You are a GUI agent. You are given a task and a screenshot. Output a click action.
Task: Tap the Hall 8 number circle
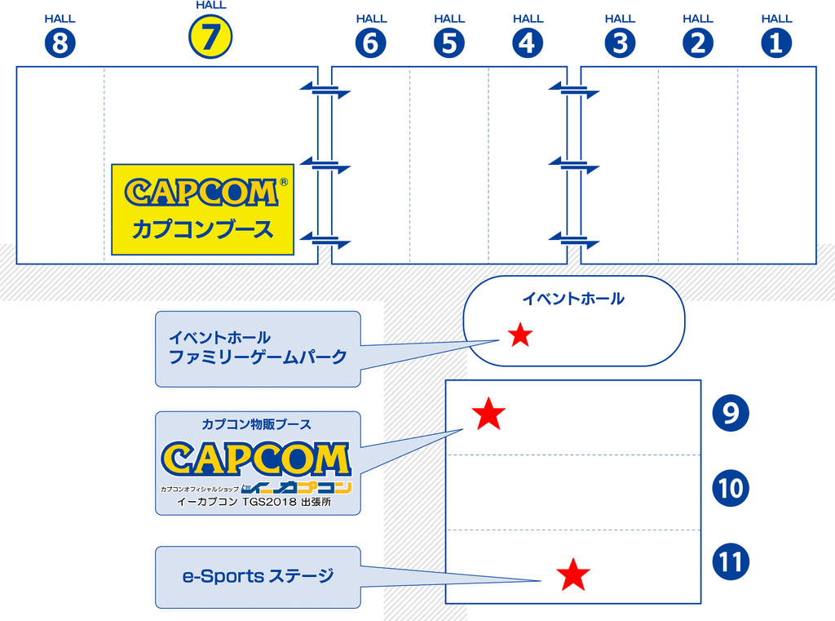click(x=59, y=43)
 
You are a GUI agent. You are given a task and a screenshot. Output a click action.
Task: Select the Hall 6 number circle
click(x=370, y=43)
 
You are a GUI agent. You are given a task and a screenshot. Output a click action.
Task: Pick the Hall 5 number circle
click(x=449, y=43)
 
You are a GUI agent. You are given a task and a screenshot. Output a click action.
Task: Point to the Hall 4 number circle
click(x=528, y=43)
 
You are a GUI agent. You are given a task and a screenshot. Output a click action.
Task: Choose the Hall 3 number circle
click(x=620, y=43)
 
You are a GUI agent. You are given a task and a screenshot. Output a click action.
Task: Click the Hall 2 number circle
click(x=697, y=43)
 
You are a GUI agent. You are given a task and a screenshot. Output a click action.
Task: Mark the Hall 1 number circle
click(x=776, y=43)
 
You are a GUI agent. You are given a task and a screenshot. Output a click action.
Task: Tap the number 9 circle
click(x=730, y=413)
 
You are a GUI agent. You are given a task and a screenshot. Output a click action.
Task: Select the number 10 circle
click(x=730, y=488)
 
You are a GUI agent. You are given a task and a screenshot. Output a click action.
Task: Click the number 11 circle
click(x=730, y=562)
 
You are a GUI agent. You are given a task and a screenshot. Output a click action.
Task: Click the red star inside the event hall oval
click(x=520, y=335)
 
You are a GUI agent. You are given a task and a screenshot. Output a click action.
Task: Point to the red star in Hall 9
click(x=488, y=415)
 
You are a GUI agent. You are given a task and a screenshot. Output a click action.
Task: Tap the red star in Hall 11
click(x=573, y=575)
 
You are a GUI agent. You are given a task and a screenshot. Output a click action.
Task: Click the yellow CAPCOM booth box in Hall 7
click(x=202, y=210)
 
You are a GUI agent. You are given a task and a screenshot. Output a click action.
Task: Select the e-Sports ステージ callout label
click(x=258, y=577)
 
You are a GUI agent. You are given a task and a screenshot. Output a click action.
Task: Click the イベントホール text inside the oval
click(x=573, y=299)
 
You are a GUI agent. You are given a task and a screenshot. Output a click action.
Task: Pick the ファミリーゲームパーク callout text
click(x=258, y=357)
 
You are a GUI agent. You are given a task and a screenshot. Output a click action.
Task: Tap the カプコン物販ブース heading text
click(x=257, y=424)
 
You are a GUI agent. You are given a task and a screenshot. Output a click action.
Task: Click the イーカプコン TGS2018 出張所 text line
click(x=257, y=502)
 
